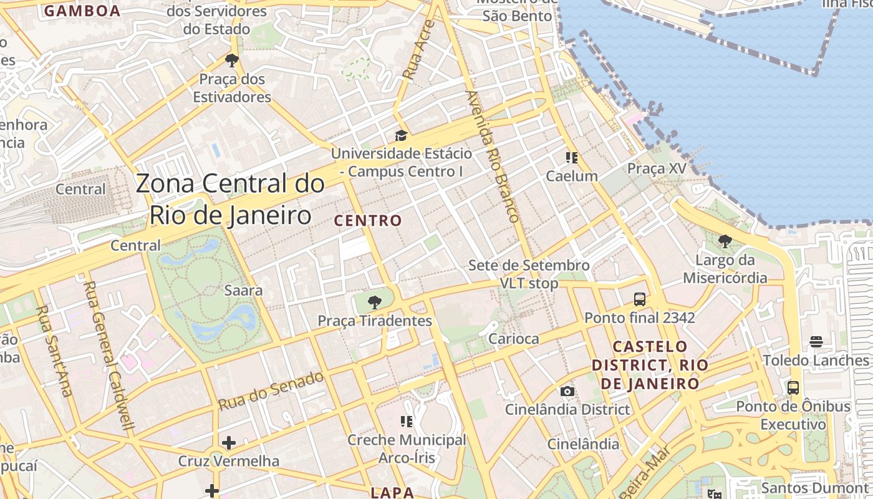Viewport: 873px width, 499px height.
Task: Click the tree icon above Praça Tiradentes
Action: (x=374, y=303)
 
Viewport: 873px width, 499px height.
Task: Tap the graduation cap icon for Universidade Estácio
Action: (x=401, y=135)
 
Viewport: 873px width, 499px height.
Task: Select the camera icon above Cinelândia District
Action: (x=567, y=392)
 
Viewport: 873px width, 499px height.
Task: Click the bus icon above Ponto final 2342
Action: (x=640, y=299)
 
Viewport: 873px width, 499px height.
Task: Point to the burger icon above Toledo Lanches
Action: (x=816, y=342)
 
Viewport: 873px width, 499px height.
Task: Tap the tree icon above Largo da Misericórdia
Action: (x=725, y=241)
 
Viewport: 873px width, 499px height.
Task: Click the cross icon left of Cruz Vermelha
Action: (x=229, y=443)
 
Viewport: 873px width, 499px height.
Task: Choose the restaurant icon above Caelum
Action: (x=571, y=158)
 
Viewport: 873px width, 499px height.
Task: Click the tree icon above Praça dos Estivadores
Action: (x=232, y=61)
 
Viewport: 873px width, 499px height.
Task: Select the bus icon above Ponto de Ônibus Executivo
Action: (x=793, y=388)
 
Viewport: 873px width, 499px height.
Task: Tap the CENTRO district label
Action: (x=368, y=221)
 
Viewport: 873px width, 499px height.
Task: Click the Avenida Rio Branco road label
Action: (x=493, y=157)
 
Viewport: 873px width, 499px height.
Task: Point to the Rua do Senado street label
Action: (x=271, y=391)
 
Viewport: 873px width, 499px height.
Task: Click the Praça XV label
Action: (x=657, y=168)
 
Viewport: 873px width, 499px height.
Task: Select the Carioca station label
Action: (x=513, y=339)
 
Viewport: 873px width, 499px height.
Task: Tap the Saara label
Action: (x=243, y=290)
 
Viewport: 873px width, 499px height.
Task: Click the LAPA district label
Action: (x=393, y=492)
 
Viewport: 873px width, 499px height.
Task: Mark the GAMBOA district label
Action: (x=82, y=11)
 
